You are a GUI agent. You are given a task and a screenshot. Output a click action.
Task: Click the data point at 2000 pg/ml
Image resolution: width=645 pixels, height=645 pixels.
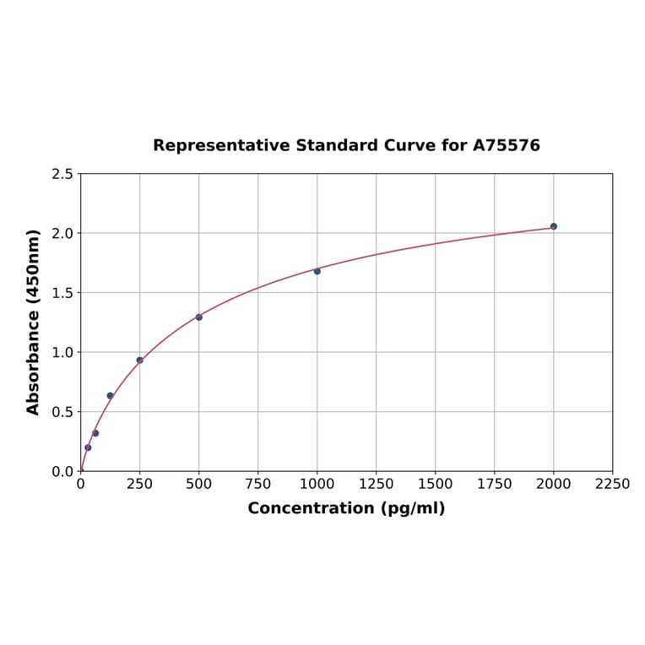(554, 226)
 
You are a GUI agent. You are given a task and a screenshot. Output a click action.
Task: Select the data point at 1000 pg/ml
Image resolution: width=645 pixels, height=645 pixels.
(317, 271)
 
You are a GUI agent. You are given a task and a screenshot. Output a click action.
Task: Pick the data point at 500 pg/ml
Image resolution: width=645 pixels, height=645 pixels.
(199, 317)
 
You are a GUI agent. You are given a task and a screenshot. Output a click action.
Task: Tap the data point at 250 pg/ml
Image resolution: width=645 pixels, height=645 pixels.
(140, 360)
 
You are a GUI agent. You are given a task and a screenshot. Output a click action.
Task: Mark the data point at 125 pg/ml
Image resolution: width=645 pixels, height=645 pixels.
(111, 396)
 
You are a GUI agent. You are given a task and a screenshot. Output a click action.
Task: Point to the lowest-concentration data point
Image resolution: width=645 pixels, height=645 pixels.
(88, 447)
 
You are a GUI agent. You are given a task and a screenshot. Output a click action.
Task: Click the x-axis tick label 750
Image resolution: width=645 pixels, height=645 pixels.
(258, 485)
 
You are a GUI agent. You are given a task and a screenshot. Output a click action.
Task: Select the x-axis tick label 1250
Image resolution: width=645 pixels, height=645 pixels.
(377, 485)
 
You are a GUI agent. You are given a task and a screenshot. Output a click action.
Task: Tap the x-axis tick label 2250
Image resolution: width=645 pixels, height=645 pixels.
(613, 485)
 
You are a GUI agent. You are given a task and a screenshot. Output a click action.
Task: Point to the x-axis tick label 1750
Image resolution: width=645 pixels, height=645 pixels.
(495, 485)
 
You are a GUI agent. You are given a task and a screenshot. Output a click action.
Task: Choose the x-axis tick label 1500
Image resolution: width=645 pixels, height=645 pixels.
(436, 485)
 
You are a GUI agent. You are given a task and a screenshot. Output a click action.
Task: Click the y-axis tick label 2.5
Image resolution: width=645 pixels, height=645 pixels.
(62, 174)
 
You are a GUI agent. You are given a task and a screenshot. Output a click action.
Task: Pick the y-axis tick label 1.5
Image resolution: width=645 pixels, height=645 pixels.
(62, 293)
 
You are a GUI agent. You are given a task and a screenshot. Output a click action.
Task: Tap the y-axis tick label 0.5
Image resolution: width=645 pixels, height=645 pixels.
(62, 412)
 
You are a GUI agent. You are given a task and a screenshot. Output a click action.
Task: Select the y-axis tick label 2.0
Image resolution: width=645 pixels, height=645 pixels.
(62, 233)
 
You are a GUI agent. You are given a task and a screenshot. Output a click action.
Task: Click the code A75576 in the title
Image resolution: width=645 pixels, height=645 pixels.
(506, 146)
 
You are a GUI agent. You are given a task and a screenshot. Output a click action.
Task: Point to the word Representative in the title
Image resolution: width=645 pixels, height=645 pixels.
(221, 146)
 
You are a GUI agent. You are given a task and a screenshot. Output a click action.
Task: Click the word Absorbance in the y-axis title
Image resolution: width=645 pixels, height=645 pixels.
(34, 363)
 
